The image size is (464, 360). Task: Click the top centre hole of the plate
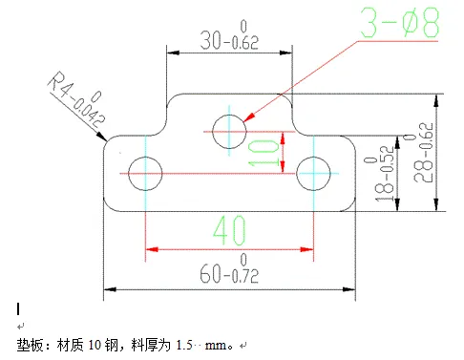pos(229,131)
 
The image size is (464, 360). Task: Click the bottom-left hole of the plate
pos(145,173)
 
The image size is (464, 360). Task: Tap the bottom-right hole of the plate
pos(313,173)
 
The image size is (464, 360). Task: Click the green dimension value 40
pos(229,230)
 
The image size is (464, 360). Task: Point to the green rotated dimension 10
pos(269,152)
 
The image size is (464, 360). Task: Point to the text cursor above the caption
pos(18,308)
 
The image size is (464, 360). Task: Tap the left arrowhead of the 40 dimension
pos(149,251)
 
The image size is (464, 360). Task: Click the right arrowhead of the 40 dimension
pos(309,251)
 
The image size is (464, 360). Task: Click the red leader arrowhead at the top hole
pos(247,119)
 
